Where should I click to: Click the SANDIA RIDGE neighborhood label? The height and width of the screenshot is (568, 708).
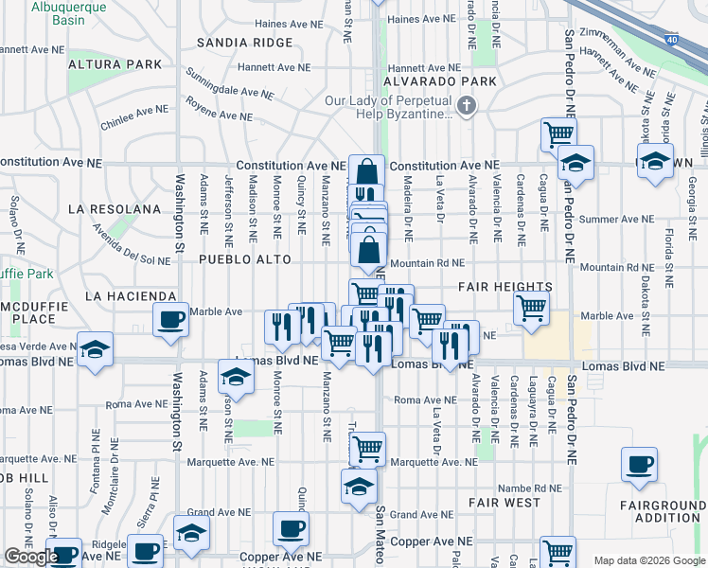[x=245, y=43]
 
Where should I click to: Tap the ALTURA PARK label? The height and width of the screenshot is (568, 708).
[x=121, y=64]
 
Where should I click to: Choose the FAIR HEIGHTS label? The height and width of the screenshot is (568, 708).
[x=505, y=287]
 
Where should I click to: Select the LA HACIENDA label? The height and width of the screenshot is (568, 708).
[x=131, y=296]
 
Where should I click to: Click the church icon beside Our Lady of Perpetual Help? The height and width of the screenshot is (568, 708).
[x=466, y=107]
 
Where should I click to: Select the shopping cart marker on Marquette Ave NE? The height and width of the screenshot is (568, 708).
[x=366, y=448]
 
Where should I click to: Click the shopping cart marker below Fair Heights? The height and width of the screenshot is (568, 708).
[x=532, y=307]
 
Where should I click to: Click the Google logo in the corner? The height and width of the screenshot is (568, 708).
[x=31, y=558]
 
